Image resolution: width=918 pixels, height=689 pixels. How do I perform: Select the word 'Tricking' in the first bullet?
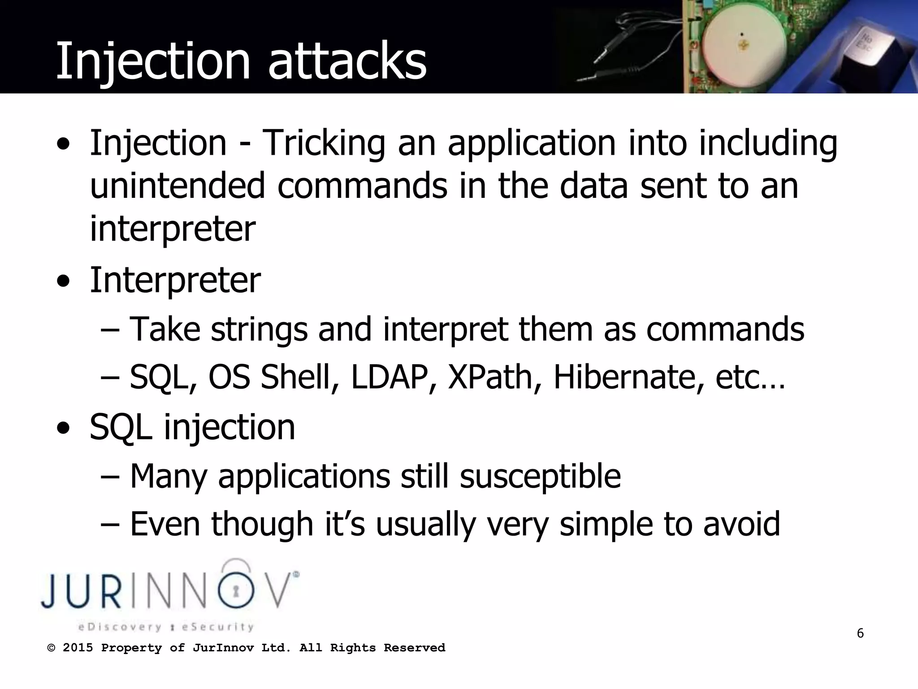323,144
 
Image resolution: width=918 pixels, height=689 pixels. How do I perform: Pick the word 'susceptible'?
540,476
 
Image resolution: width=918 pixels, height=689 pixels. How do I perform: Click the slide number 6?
860,633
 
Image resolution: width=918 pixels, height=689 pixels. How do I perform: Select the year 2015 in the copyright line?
78,648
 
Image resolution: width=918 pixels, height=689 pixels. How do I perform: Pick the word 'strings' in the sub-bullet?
259,330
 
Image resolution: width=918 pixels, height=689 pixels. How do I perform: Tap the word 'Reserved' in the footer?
414,648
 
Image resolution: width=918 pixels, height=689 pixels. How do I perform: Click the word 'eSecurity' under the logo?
217,627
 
